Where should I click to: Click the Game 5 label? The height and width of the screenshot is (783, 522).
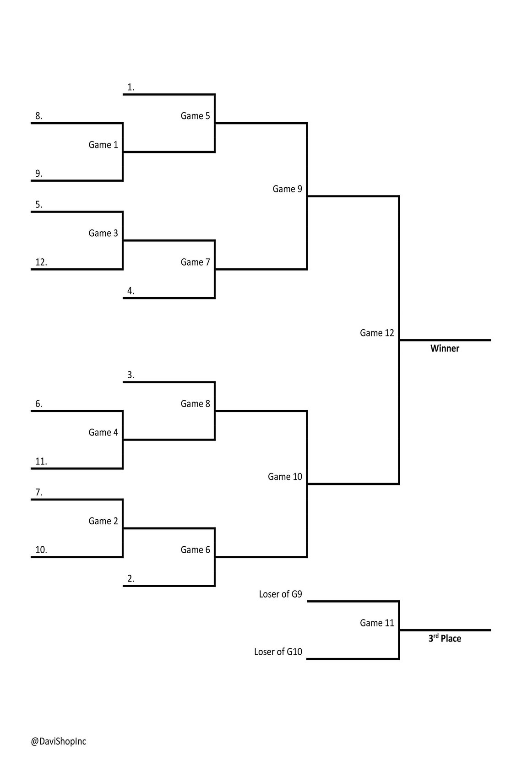(195, 116)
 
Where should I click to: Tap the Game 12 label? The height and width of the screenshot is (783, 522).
(376, 333)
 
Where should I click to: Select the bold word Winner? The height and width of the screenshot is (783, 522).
(445, 348)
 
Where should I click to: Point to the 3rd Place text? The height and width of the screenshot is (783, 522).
(445, 638)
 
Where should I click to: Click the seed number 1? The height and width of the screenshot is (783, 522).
(130, 87)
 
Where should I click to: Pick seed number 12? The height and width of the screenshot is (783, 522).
(41, 262)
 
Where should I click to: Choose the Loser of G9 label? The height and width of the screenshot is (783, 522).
(280, 594)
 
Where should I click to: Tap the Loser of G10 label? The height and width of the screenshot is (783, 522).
(278, 652)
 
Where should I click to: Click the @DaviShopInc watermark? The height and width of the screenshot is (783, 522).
(59, 741)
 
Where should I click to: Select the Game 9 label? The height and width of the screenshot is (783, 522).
(287, 189)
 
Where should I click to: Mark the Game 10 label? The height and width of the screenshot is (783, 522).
(285, 477)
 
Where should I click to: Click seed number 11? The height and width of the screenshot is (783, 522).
(41, 462)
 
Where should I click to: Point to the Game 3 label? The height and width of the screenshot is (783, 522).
(103, 234)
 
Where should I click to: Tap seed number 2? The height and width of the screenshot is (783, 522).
(130, 579)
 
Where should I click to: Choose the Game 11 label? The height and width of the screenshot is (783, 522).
(376, 623)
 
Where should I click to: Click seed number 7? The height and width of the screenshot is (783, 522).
(38, 493)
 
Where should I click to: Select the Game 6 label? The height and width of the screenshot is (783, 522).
(195, 550)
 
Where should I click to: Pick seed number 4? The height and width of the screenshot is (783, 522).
(130, 291)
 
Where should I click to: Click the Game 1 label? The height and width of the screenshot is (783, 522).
(103, 145)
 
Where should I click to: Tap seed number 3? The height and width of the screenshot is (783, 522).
(130, 375)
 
